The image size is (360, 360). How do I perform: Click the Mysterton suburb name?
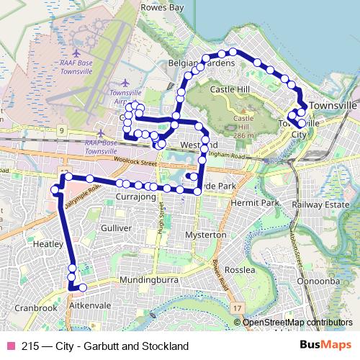pyautogui.click(x=206, y=235)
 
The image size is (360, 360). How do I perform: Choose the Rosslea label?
pyautogui.click(x=240, y=270)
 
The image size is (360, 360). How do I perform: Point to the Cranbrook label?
pyautogui.click(x=35, y=307)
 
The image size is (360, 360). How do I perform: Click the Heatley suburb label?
pyautogui.click(x=48, y=244)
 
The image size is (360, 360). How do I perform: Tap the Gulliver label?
pyautogui.click(x=117, y=228)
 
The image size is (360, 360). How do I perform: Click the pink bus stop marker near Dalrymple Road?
pyautogui.click(x=55, y=189)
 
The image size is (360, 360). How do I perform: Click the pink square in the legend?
pyautogui.click(x=11, y=346)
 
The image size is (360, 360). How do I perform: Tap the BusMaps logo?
pyautogui.click(x=329, y=345)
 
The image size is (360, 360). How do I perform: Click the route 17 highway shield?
pyautogui.click(x=238, y=308)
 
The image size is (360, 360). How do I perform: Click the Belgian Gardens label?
pyautogui.click(x=201, y=64)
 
